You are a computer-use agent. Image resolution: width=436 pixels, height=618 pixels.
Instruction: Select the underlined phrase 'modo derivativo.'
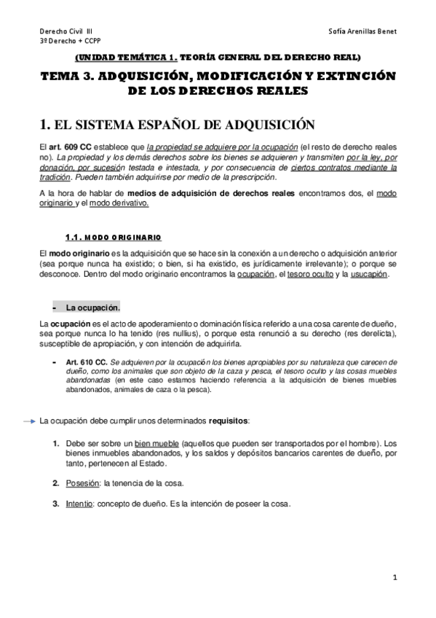coord(118,203)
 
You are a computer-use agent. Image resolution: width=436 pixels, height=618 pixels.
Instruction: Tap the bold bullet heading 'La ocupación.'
coord(92,307)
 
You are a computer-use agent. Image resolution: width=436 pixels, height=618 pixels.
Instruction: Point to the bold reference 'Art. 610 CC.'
coord(87,361)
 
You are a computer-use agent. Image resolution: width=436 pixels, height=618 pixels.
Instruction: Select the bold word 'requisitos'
coord(228,421)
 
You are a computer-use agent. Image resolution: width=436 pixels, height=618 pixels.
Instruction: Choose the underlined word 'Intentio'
coord(79,504)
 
